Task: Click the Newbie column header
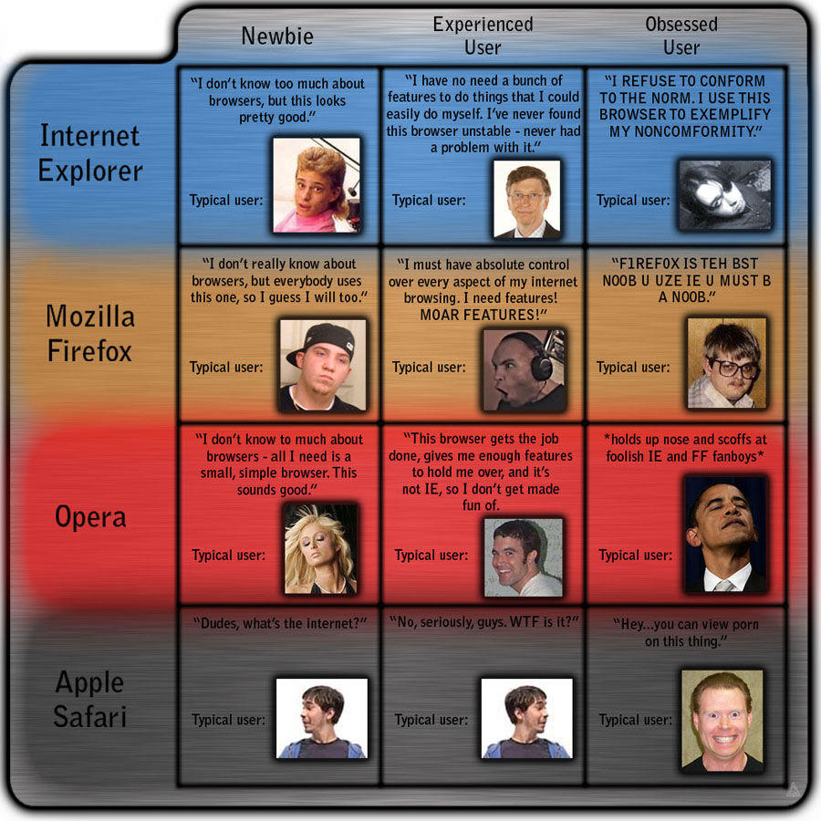pyautogui.click(x=277, y=36)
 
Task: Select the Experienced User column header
pyautogui.click(x=483, y=36)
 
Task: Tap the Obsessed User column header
pyautogui.click(x=681, y=36)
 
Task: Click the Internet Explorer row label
pyautogui.click(x=90, y=152)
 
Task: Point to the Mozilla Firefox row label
pyautogui.click(x=90, y=333)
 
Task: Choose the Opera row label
pyautogui.click(x=90, y=516)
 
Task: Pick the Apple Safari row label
pyautogui.click(x=90, y=699)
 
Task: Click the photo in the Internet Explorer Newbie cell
pyautogui.click(x=317, y=185)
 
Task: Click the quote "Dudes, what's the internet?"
pyautogui.click(x=280, y=622)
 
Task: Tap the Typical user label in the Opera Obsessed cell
pyautogui.click(x=636, y=555)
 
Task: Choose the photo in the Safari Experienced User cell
pyautogui.click(x=527, y=718)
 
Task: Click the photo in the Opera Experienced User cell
pyautogui.click(x=524, y=557)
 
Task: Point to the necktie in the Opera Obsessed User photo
pyautogui.click(x=723, y=584)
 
